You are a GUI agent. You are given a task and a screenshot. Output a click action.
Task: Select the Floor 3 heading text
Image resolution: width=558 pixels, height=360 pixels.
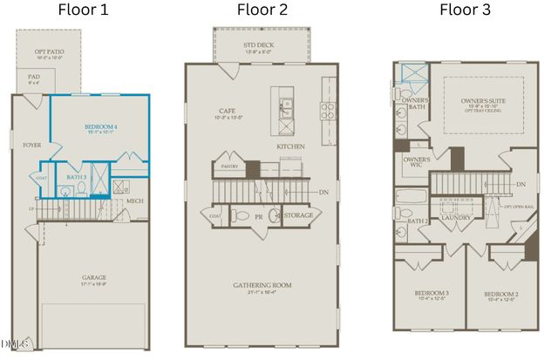[464, 10]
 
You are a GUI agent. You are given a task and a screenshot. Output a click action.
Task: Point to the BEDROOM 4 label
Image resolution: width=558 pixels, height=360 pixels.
[102, 127]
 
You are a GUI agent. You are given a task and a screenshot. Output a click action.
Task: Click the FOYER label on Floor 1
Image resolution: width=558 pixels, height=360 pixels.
[31, 146]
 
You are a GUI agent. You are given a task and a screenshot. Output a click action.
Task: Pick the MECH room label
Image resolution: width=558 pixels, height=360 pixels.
[134, 201]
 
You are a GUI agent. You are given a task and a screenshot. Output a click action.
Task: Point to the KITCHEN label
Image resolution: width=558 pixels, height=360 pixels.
[290, 147]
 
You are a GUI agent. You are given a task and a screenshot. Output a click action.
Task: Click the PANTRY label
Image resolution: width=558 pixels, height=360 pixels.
[231, 166]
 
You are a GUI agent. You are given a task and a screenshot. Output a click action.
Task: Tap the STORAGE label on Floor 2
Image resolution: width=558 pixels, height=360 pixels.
[298, 214]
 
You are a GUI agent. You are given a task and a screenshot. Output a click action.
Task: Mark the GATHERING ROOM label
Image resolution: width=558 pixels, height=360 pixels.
[262, 284]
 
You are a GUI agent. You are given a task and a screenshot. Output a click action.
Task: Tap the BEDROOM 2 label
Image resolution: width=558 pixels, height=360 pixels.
[502, 295]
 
